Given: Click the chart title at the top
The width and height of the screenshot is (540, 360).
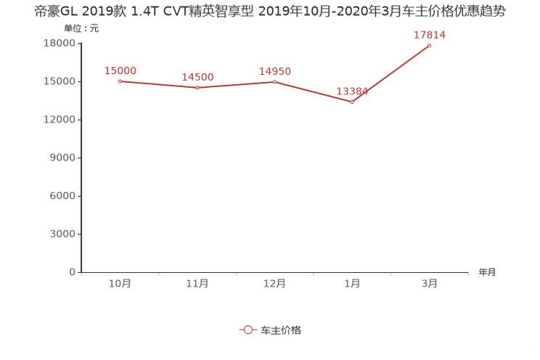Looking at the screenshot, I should (270, 12).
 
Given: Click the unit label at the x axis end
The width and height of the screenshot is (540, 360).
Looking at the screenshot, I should (486, 273).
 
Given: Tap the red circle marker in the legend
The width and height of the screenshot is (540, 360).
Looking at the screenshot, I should (248, 330).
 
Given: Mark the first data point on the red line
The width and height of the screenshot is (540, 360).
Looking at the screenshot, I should (119, 81).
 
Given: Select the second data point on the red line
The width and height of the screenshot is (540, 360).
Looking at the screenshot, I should (197, 87).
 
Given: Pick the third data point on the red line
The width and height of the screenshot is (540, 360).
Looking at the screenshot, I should (274, 81).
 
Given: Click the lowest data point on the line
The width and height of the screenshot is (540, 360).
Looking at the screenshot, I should (352, 102).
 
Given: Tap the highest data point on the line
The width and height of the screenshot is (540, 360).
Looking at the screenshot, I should (430, 46).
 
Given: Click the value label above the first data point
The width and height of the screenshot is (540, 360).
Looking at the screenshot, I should (120, 70).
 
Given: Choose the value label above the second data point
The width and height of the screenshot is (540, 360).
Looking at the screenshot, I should (197, 76).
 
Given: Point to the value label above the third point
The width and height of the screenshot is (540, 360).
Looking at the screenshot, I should (275, 70).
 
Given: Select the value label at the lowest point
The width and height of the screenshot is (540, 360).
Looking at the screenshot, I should (353, 91).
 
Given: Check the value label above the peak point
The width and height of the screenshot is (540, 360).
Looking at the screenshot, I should (430, 35).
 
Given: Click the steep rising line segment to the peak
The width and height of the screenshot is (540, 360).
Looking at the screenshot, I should (390, 73).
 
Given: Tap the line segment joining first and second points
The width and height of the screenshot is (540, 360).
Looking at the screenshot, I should (157, 84).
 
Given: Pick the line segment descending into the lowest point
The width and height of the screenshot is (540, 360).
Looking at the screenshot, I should (313, 91).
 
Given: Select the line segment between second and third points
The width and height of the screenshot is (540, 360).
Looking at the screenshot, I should (235, 84).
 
